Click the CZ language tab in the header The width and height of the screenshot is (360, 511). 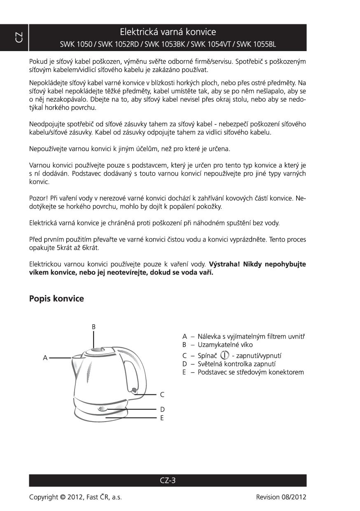[x=19, y=38]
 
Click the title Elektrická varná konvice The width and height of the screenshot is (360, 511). [x=168, y=32]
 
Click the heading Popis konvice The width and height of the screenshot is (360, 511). [x=56, y=299]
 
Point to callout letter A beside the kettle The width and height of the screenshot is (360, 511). [x=45, y=358]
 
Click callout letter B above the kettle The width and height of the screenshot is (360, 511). [x=94, y=327]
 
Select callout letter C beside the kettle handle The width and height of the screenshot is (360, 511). [x=162, y=394]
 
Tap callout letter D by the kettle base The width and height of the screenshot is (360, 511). [x=162, y=409]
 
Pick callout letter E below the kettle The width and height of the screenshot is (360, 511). [x=162, y=417]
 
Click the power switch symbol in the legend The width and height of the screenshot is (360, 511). [x=224, y=355]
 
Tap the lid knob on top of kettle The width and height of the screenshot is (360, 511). [x=95, y=350]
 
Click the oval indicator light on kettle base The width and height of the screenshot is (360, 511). [x=103, y=409]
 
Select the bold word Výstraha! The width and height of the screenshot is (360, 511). [x=224, y=264]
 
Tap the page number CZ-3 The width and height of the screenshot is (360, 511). [x=168, y=481]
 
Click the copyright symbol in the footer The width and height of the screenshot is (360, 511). [x=63, y=497]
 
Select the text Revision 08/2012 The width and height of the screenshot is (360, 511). [x=281, y=497]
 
